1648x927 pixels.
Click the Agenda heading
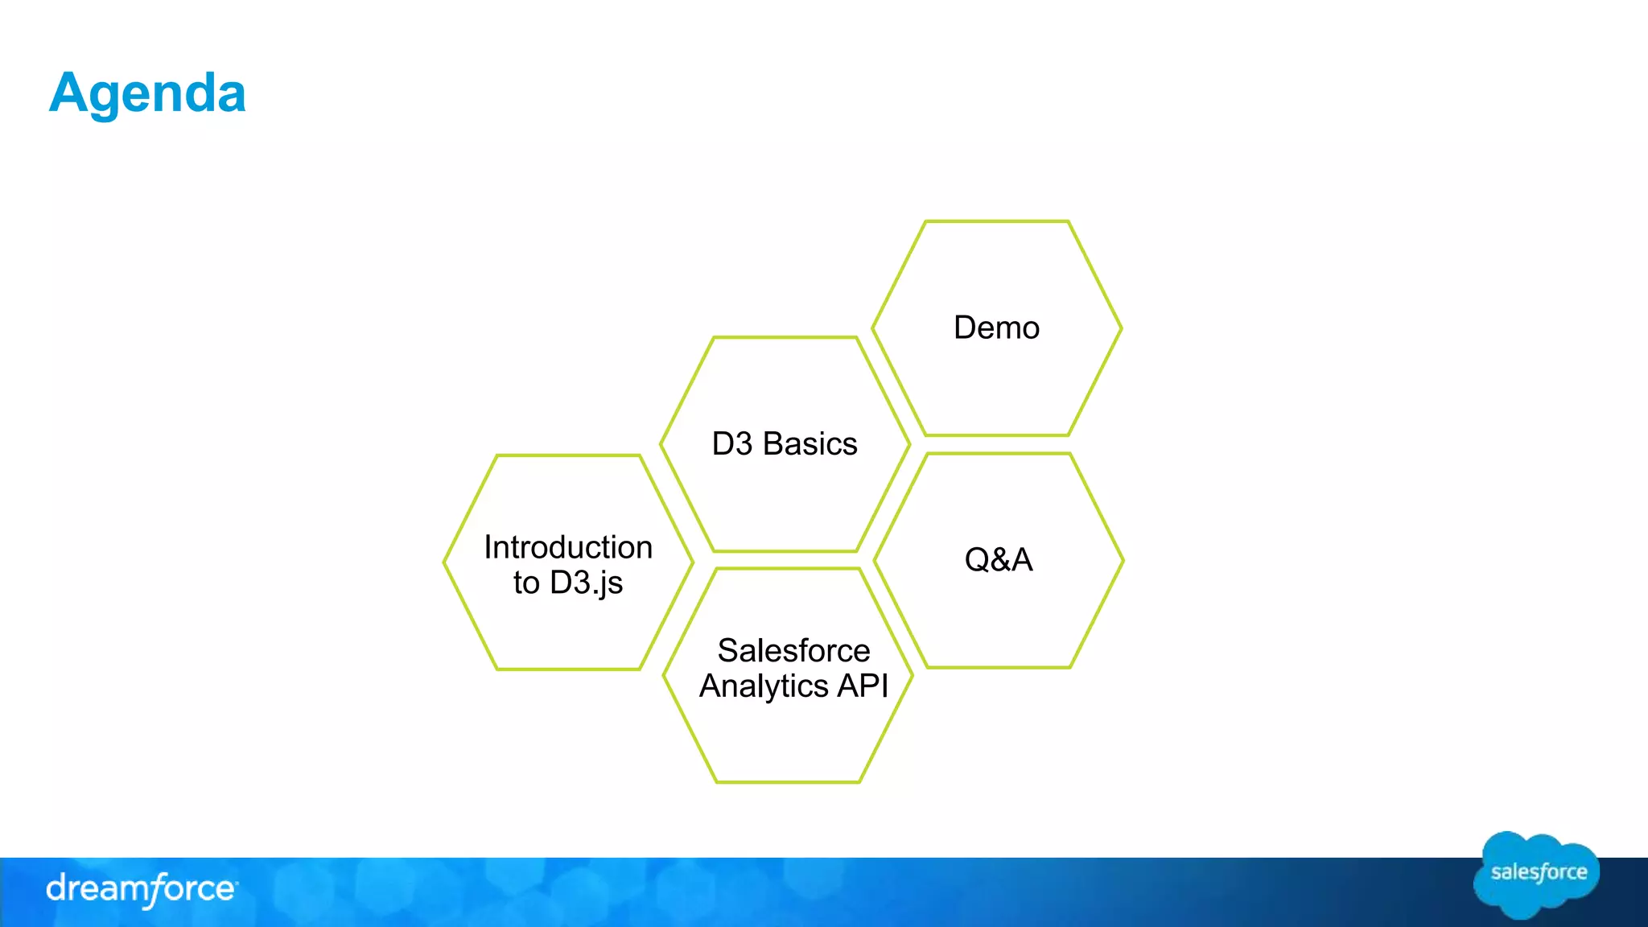pos(147,93)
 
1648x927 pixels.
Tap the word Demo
pos(996,328)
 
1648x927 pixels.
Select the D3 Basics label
pos(785,444)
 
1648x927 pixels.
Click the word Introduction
pos(568,547)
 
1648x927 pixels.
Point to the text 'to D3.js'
pos(568,583)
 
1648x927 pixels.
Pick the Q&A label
pos(998,560)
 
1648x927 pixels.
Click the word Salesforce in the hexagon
pos(793,650)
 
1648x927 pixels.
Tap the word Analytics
pos(764,686)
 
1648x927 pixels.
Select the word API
pos(863,686)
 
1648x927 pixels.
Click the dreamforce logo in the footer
pos(141,889)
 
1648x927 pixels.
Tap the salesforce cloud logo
pos(1537,874)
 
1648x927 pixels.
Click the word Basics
pos(810,444)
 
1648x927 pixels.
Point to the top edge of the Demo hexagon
pos(996,221)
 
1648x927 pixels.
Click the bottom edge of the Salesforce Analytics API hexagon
pos(788,781)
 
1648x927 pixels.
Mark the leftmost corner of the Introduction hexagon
pos(445,562)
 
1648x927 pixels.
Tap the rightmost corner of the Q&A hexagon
pos(1123,560)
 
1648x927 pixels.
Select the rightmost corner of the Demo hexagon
pos(1121,328)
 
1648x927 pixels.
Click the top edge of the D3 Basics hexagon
pos(785,338)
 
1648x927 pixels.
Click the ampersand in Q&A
pos(999,560)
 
